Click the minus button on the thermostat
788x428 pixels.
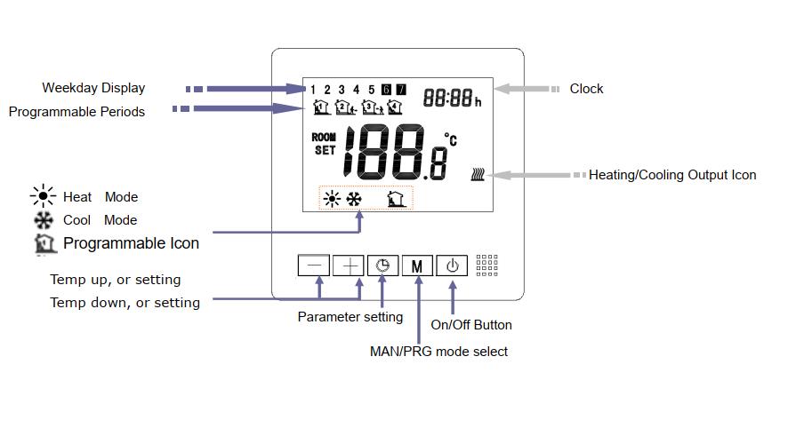pyautogui.click(x=313, y=265)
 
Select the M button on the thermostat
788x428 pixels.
pyautogui.click(x=417, y=265)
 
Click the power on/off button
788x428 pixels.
pyautogui.click(x=452, y=265)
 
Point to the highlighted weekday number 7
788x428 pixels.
pyautogui.click(x=401, y=90)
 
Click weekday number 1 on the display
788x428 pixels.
pyautogui.click(x=313, y=90)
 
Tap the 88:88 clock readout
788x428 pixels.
pyautogui.click(x=447, y=98)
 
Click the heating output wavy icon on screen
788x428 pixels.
pyautogui.click(x=478, y=175)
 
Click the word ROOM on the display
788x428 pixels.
pyautogui.click(x=324, y=138)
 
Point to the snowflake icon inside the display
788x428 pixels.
pyautogui.click(x=354, y=198)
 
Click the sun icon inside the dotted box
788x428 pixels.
pyautogui.click(x=332, y=198)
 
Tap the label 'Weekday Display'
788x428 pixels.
pyautogui.click(x=93, y=88)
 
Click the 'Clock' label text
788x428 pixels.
pyautogui.click(x=586, y=89)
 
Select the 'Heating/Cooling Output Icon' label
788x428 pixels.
pyautogui.click(x=671, y=175)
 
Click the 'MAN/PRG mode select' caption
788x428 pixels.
pyautogui.click(x=438, y=352)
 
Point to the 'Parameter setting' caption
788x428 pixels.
pyautogui.click(x=350, y=317)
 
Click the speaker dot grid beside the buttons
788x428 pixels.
pyautogui.click(x=486, y=266)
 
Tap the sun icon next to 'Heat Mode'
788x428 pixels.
pyautogui.click(x=43, y=196)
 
